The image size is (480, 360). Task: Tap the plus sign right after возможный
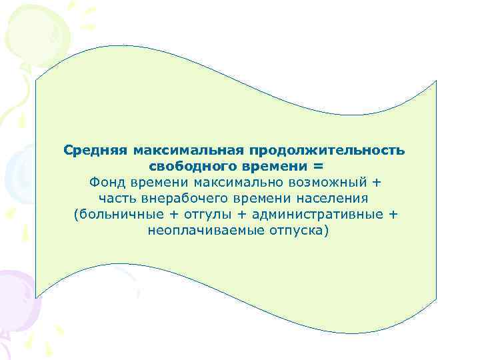379,181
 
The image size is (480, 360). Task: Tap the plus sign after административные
393,215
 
